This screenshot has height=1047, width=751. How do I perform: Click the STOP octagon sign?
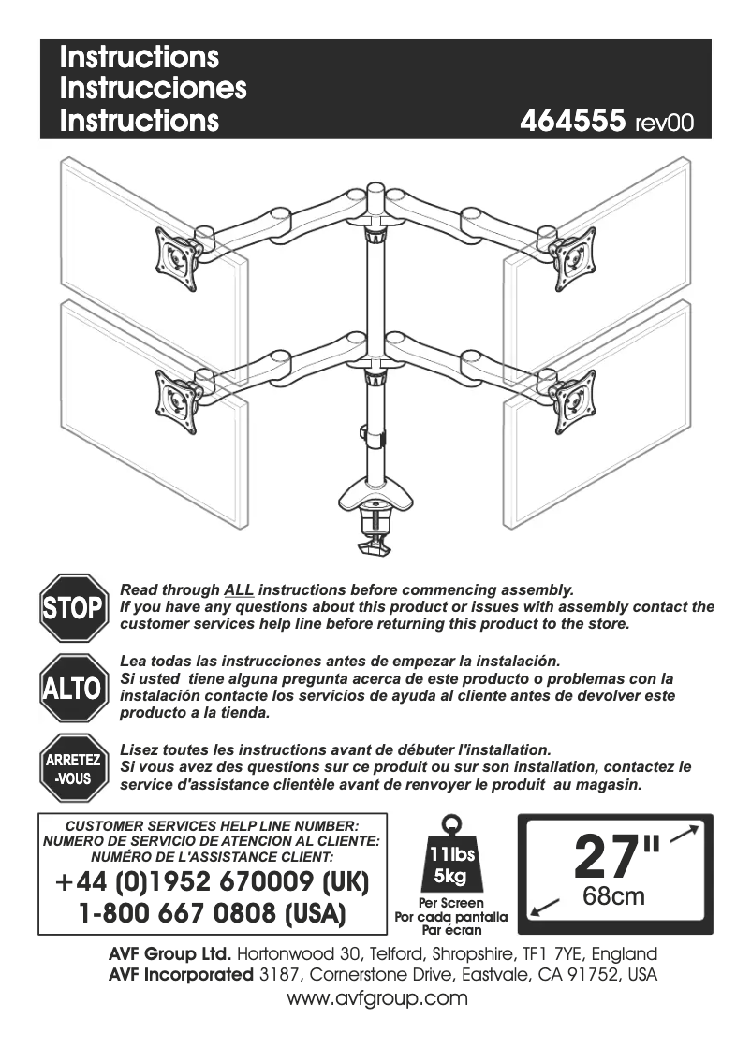click(x=73, y=607)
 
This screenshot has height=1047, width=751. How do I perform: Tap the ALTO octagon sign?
click(x=73, y=688)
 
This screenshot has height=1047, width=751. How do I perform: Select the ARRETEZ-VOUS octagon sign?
click(x=73, y=768)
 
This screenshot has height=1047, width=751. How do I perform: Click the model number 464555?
click(x=572, y=121)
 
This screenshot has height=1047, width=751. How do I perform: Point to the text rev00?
click(x=664, y=124)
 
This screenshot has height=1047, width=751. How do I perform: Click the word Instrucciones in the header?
click(x=153, y=88)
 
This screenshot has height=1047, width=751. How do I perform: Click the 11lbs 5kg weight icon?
click(x=451, y=856)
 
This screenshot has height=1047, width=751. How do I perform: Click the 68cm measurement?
click(x=613, y=896)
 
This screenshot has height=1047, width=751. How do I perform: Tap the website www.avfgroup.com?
click(x=376, y=998)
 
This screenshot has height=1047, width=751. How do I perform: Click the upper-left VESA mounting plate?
click(x=178, y=259)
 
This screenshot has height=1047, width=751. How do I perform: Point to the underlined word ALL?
click(x=239, y=589)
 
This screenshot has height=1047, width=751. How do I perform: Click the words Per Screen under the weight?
click(x=451, y=903)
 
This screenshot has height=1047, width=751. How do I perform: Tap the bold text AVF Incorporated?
click(x=181, y=975)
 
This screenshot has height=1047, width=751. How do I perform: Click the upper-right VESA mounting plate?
click(x=572, y=259)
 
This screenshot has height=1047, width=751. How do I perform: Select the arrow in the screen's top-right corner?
click(x=684, y=834)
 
